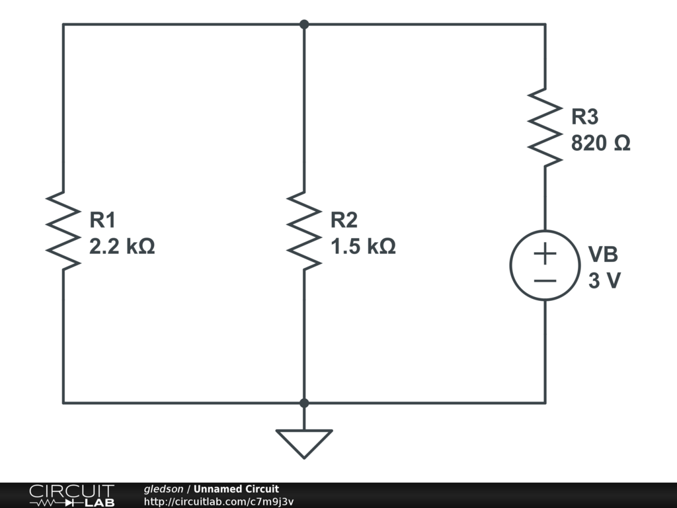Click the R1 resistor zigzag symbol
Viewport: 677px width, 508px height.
(x=63, y=230)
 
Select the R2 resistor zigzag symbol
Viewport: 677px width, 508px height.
(x=304, y=230)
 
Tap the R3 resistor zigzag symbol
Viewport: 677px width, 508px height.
(x=545, y=126)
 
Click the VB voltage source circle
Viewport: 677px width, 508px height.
(x=545, y=265)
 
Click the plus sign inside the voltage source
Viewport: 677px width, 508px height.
(x=545, y=253)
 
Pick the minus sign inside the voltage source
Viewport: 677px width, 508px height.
(x=545, y=280)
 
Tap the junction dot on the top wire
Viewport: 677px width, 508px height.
(x=304, y=24)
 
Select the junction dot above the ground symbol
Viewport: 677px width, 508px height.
(x=304, y=403)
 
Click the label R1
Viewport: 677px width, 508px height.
(x=102, y=220)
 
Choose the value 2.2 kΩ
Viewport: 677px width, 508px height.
(x=122, y=247)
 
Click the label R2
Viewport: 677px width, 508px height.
(x=344, y=220)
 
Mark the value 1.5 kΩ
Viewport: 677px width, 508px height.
(x=364, y=247)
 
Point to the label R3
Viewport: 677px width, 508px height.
(x=584, y=117)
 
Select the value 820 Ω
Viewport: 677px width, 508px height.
(x=600, y=144)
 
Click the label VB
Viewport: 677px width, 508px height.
(x=603, y=255)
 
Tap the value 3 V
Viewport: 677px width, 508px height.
(x=604, y=281)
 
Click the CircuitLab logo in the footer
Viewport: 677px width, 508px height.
(x=71, y=495)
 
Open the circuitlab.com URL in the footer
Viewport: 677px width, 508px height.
(x=219, y=502)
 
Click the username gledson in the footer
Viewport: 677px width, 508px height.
(x=163, y=489)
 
